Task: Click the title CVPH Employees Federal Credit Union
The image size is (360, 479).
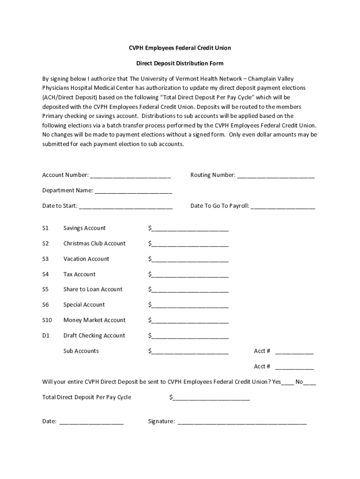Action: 180,48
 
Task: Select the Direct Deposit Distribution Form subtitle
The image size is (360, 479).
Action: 180,63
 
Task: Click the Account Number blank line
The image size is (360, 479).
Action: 130,176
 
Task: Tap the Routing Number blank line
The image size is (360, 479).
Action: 276,176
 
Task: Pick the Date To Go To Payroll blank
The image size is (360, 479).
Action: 283,207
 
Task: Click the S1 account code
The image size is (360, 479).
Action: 45,228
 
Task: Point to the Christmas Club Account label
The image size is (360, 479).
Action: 94,243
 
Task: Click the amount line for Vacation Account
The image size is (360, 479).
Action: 190,260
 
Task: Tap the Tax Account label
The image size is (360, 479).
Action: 79,274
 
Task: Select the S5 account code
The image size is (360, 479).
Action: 45,289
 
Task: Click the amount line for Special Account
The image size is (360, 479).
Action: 190,306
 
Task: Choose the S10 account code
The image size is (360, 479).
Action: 47,320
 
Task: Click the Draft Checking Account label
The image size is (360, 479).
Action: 94,335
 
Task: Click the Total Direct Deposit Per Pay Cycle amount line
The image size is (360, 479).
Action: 211,399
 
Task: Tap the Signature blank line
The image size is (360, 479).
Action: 242,422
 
